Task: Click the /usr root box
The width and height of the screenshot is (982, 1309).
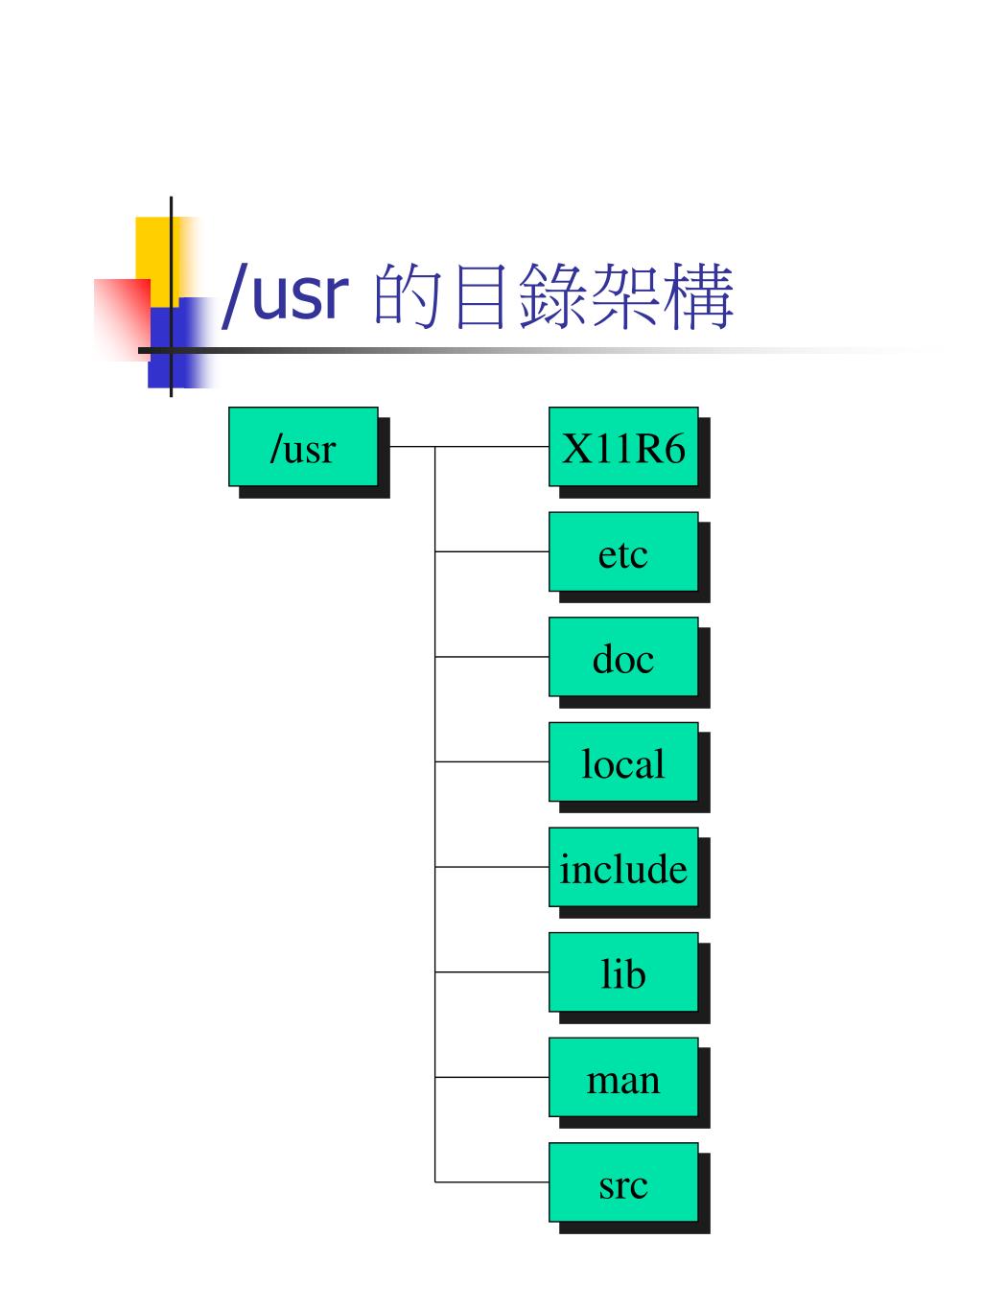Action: coord(303,447)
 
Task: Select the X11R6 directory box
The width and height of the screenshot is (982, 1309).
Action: coord(623,447)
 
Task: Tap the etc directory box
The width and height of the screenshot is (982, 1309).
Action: coord(623,552)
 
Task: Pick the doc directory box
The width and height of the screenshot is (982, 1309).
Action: coord(623,657)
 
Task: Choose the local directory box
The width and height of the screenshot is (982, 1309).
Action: coord(623,762)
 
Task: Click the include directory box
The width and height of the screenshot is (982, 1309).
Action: coord(623,867)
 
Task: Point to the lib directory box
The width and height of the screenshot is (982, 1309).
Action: coord(623,972)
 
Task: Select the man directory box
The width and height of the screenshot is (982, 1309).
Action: coord(623,1078)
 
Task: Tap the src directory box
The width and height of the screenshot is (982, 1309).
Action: coord(623,1182)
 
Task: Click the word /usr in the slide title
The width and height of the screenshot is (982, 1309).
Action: coord(282,295)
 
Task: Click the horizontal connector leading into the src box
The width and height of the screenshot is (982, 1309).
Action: coord(492,1181)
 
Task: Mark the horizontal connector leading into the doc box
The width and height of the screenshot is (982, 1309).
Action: coord(492,657)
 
